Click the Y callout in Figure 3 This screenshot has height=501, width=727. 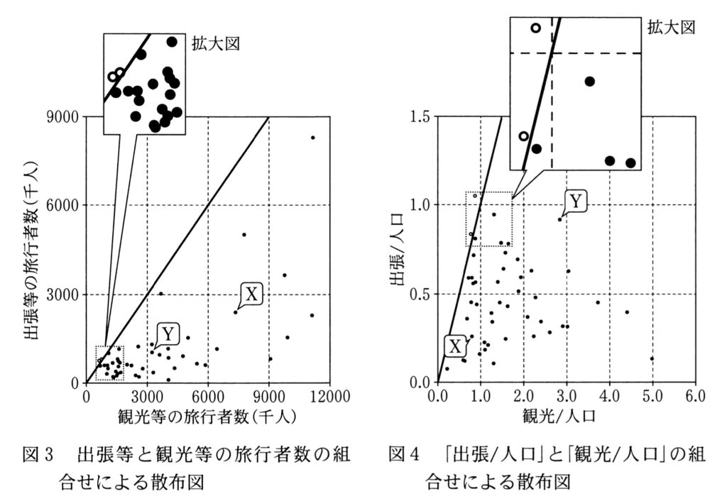tap(168, 334)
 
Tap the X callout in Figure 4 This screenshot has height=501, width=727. tap(455, 346)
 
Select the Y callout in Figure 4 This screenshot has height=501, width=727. tap(576, 202)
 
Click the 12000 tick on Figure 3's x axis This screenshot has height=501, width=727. tap(329, 395)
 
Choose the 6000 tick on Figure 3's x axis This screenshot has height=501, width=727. tap(208, 395)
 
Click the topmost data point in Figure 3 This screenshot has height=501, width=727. tap(312, 138)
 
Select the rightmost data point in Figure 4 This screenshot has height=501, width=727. tap(652, 358)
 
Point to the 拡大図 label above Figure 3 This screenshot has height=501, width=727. tap(216, 43)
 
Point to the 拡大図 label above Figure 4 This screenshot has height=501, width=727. tap(671, 28)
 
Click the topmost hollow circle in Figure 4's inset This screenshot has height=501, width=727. tap(536, 28)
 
